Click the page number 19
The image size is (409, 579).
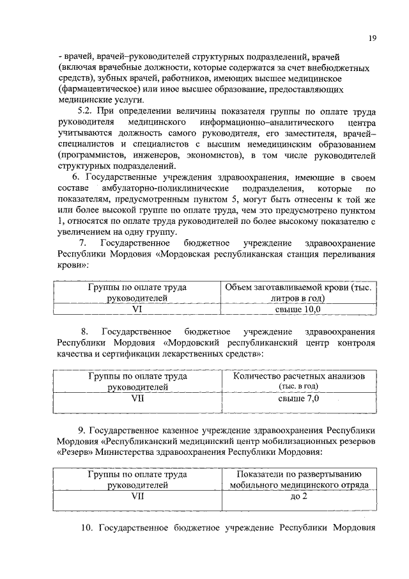click(x=372, y=38)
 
